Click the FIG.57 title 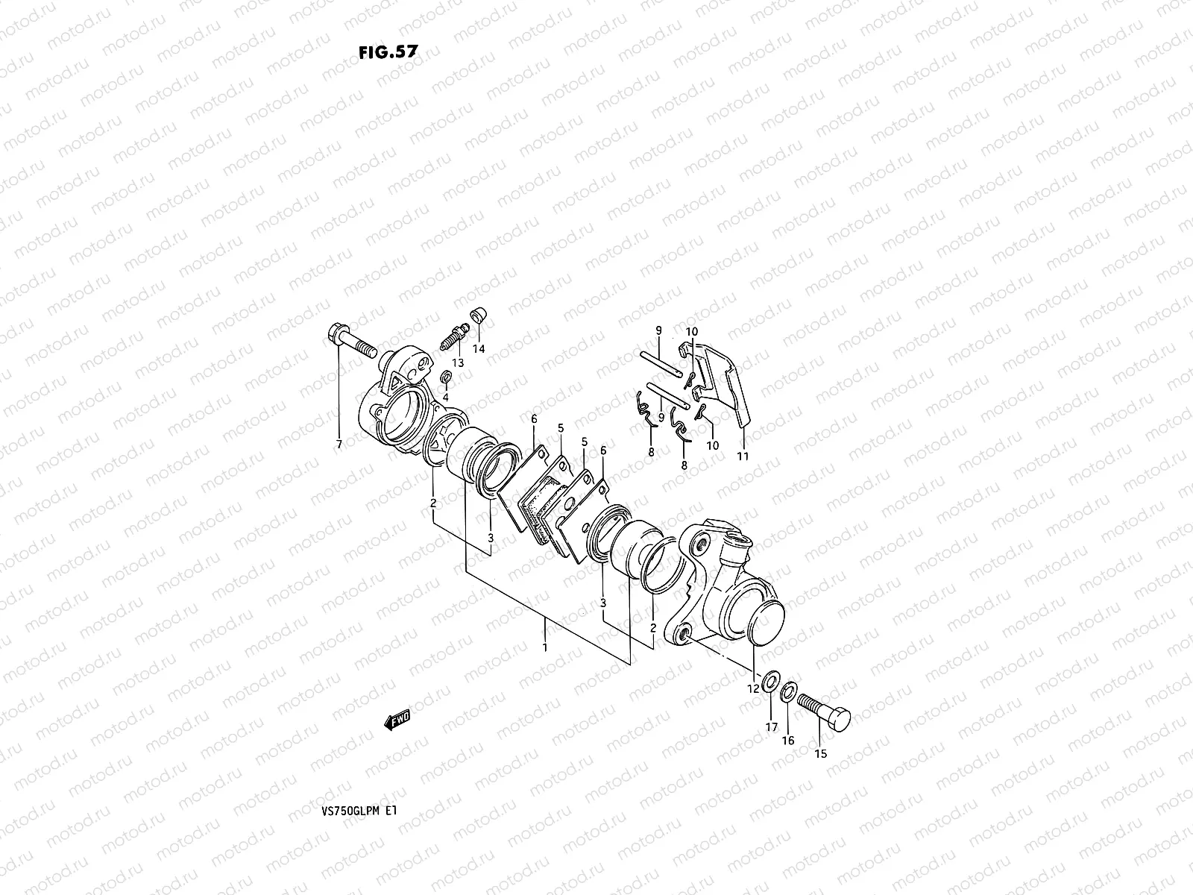pyautogui.click(x=387, y=51)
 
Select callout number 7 pyautogui.click(x=339, y=445)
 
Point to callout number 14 pyautogui.click(x=479, y=349)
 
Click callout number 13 pyautogui.click(x=457, y=362)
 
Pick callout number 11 pyautogui.click(x=743, y=456)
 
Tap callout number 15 pyautogui.click(x=820, y=753)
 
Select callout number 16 pyautogui.click(x=788, y=741)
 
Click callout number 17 pyautogui.click(x=771, y=726)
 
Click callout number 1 pyautogui.click(x=545, y=647)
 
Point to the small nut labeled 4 pyautogui.click(x=446, y=377)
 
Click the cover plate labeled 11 pyautogui.click(x=727, y=388)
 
